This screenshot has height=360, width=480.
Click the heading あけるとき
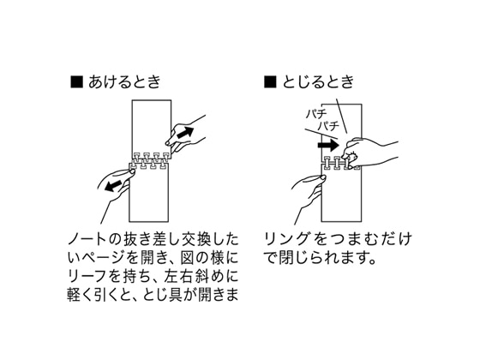[x=124, y=82]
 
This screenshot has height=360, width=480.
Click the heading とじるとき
[x=318, y=82]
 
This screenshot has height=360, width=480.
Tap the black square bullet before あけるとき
[x=77, y=82]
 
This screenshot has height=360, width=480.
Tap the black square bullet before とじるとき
[x=270, y=82]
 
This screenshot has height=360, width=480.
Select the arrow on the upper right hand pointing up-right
[x=185, y=132]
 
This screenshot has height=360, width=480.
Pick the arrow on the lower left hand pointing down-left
[x=113, y=185]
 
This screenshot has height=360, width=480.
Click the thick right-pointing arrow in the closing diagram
[x=328, y=145]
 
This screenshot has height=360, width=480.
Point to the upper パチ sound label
[x=316, y=114]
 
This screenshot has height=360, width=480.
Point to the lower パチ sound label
[x=328, y=126]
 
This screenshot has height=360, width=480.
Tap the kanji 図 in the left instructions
[x=188, y=258]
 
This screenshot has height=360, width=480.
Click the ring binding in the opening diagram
[x=150, y=160]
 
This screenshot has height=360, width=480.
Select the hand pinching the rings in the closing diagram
[x=368, y=153]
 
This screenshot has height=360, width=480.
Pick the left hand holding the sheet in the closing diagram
[x=308, y=196]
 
